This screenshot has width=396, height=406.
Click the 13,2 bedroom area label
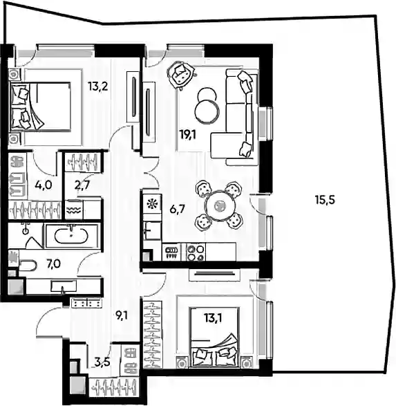[x=97, y=86]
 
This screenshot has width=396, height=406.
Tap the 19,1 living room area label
[x=188, y=135]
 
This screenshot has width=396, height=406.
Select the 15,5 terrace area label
[x=325, y=200]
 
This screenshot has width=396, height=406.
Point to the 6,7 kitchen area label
[x=177, y=209]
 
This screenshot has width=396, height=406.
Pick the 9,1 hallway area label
[x=121, y=315]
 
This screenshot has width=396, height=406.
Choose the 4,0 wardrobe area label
[x=44, y=185]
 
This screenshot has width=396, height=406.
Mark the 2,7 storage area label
[x=82, y=185]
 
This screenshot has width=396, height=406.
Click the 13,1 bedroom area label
[x=213, y=318]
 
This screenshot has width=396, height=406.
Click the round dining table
[x=220, y=206]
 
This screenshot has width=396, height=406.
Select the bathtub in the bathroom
[x=71, y=235]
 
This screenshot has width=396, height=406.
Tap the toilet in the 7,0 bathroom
[x=28, y=266]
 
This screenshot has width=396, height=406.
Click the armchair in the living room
[x=181, y=74]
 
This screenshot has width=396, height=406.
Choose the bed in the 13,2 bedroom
[x=40, y=105]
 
